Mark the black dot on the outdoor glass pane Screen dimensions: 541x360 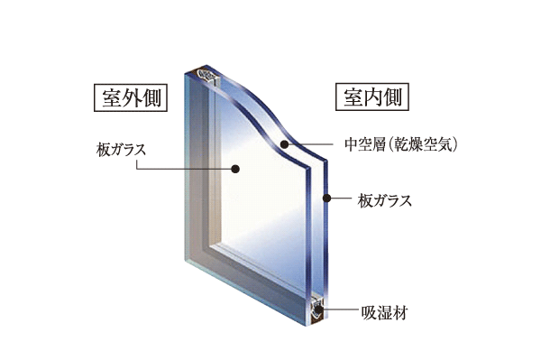tap(234, 168)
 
